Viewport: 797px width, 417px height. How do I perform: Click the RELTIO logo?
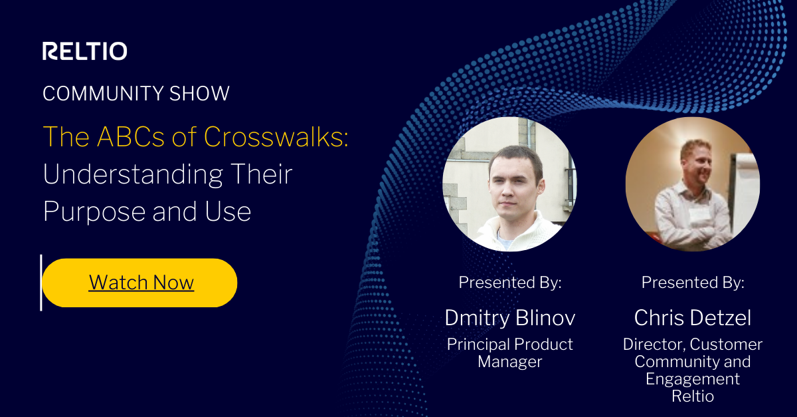pyautogui.click(x=84, y=51)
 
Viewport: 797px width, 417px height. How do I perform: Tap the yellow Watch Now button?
pyautogui.click(x=140, y=283)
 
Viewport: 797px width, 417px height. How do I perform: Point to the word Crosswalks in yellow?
pyautogui.click(x=276, y=136)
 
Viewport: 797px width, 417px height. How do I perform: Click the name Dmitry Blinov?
pyautogui.click(x=509, y=318)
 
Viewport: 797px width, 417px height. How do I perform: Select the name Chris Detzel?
pyautogui.click(x=692, y=318)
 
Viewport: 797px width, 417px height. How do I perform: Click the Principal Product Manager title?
pyautogui.click(x=509, y=353)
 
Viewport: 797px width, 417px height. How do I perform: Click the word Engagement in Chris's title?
pyautogui.click(x=692, y=379)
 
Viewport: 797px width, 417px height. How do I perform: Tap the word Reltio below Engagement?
pyautogui.click(x=692, y=396)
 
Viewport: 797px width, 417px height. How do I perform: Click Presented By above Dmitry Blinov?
pyautogui.click(x=509, y=283)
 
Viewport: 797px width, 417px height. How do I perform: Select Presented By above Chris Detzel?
pyautogui.click(x=692, y=283)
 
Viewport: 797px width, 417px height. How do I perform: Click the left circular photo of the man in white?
pyautogui.click(x=509, y=184)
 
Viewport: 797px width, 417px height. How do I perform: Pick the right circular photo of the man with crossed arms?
pyautogui.click(x=692, y=184)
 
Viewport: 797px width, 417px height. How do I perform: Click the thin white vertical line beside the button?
pyautogui.click(x=41, y=283)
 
